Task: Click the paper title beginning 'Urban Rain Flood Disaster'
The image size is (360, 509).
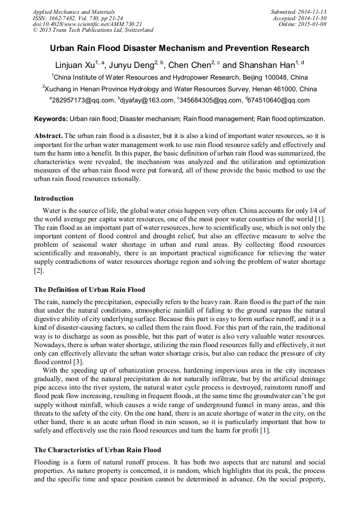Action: coord(179,48)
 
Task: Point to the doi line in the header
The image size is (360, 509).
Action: coord(87,24)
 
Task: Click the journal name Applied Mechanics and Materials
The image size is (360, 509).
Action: coord(74,12)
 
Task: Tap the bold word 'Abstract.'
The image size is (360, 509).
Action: coord(48,136)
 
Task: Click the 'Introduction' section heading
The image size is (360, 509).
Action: coord(54,199)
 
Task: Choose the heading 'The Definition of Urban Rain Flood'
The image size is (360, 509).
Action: coord(89,290)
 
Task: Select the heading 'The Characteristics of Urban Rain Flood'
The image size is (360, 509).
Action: coord(97,450)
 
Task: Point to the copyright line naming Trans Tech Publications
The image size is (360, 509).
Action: coord(93,31)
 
